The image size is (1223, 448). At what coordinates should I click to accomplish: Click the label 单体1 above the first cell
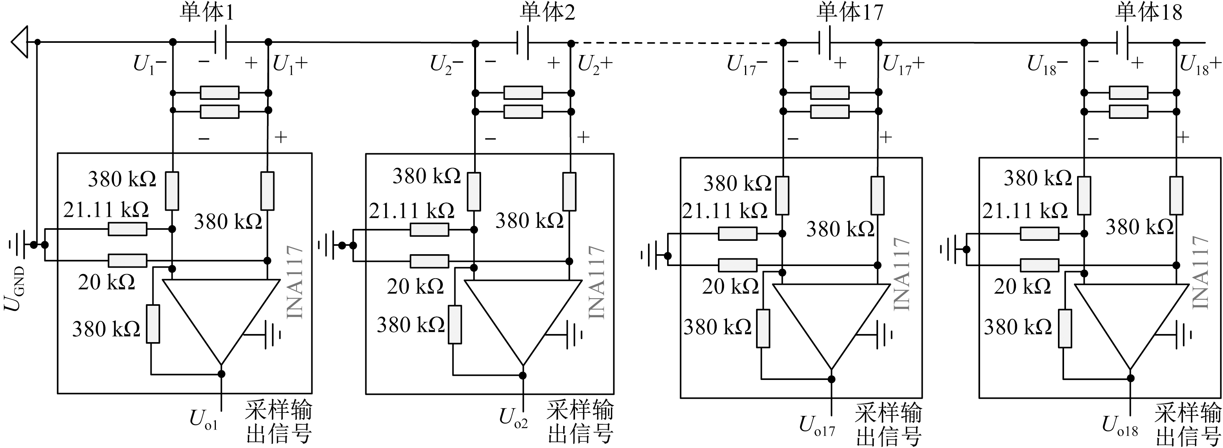pos(207,12)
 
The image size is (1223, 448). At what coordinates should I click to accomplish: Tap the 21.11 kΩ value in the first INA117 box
pos(106,210)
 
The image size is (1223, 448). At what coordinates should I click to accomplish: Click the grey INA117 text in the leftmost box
pos(295,282)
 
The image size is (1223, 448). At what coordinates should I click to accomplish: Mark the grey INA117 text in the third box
pos(902,274)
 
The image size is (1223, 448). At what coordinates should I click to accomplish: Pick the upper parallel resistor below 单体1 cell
pos(219,93)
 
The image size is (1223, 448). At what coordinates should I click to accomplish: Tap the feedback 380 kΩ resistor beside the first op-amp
pos(153,325)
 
